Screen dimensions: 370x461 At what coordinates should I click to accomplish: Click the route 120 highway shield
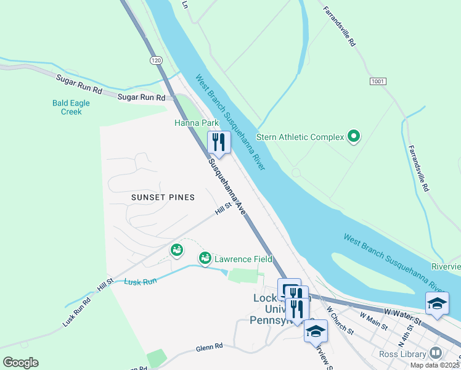tap(157, 60)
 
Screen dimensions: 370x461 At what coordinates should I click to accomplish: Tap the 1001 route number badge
tap(378, 81)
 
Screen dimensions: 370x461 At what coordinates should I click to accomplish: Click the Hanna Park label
tap(196, 123)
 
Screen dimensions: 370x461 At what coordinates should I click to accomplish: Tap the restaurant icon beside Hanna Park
tap(219, 142)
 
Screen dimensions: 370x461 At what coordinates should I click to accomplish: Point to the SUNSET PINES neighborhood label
tap(163, 197)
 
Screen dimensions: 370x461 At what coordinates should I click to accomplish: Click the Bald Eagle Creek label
tap(71, 107)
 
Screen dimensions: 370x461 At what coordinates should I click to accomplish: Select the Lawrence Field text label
tap(243, 259)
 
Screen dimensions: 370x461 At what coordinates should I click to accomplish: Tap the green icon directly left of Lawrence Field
tap(205, 257)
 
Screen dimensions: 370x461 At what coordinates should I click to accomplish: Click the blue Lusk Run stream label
tap(141, 281)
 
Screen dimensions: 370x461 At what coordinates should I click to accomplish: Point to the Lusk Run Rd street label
tap(76, 313)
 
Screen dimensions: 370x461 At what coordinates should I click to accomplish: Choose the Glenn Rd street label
tap(210, 347)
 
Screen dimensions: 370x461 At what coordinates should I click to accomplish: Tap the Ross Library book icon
tap(436, 353)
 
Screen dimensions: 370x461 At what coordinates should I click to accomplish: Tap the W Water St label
tap(401, 317)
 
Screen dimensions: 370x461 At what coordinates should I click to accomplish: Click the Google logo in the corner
tap(20, 363)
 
